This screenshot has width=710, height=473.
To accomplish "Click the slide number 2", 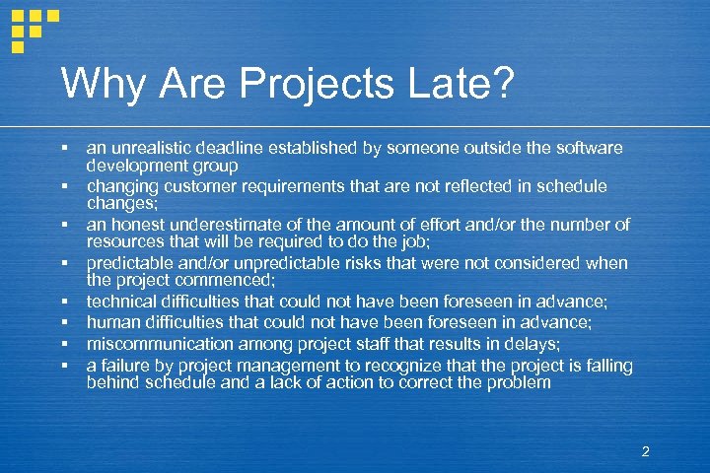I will tap(645, 452).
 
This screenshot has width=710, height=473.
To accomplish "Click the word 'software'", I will tap(588, 148).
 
